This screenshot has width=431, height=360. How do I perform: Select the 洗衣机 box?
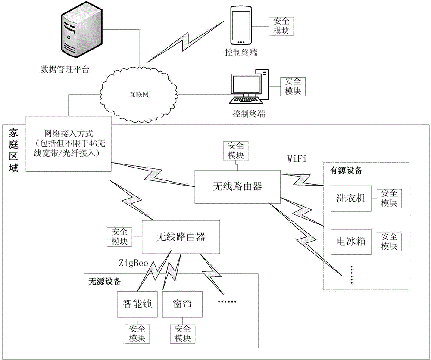351,198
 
